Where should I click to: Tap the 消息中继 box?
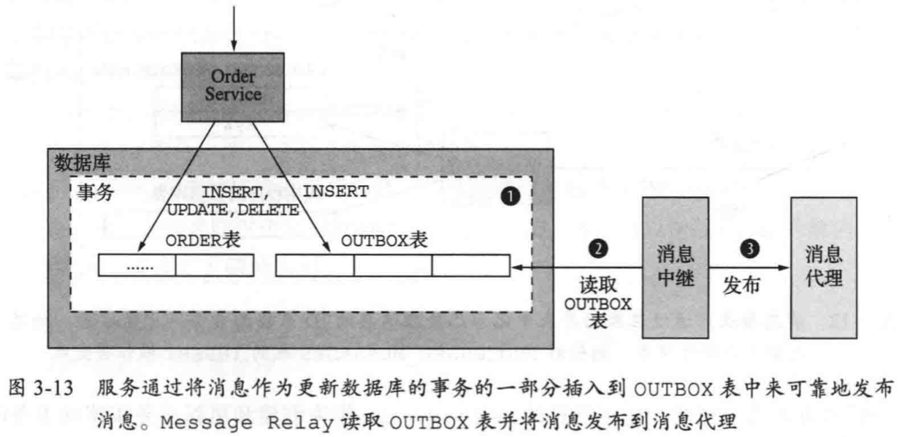(676, 267)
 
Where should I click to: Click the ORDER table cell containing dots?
(137, 266)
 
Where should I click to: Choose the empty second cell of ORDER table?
(215, 266)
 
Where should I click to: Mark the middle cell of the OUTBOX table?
(392, 266)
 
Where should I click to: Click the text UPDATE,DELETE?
(233, 211)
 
